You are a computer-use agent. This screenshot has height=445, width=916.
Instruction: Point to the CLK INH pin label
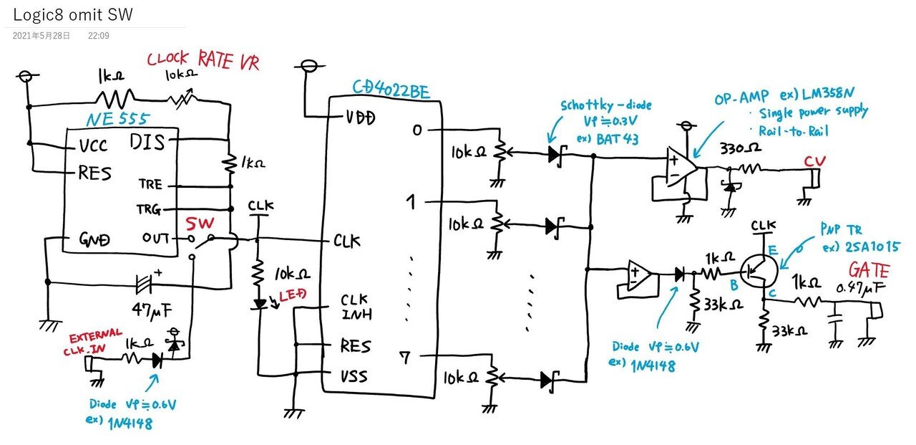tap(356, 307)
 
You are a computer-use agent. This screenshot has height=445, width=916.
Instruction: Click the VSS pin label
tap(354, 375)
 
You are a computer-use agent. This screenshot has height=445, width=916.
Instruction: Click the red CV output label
tap(814, 159)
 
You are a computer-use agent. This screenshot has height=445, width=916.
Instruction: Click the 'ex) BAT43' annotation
tap(607, 138)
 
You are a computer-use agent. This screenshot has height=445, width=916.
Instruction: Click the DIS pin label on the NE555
tap(148, 142)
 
